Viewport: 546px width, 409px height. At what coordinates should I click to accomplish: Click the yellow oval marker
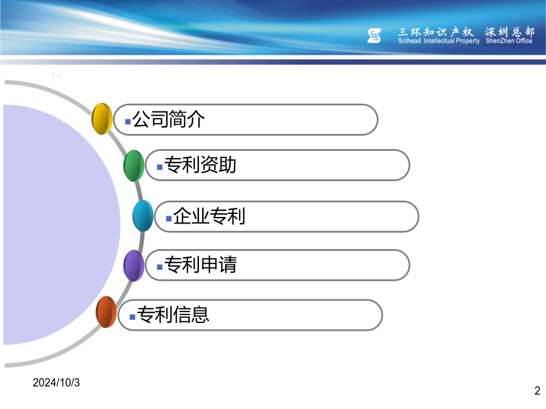coord(102,119)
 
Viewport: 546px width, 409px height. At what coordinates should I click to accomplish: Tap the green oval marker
coord(133,165)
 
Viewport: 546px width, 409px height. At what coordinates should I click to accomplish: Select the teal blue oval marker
coord(143,216)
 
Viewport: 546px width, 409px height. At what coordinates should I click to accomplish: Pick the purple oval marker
coord(133,266)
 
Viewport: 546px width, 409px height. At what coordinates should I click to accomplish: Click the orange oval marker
coord(106,312)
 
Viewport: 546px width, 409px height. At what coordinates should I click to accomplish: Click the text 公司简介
coord(169,119)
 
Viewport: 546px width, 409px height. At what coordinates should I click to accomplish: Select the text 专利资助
coord(200,164)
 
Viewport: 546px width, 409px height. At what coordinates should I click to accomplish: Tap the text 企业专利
coord(209,216)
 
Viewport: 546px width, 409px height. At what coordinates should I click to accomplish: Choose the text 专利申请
coord(200,264)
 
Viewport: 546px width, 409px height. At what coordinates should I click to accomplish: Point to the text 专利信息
coord(173,314)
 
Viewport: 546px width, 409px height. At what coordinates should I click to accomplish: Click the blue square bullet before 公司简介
coord(128,122)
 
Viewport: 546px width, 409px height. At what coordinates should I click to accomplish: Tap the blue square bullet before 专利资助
coord(160,167)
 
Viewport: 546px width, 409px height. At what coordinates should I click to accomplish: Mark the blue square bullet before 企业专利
coord(169,219)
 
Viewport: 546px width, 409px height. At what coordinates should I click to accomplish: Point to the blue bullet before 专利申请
coord(160,267)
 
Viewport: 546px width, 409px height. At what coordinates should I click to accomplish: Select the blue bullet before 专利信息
coord(132,317)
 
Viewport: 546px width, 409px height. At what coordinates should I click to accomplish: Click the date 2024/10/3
coord(56,382)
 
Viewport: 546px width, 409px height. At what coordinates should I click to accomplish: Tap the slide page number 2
coord(538,391)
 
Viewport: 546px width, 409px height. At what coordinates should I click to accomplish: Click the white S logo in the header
coord(374,36)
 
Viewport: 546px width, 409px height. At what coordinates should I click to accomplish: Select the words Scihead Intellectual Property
coord(439,41)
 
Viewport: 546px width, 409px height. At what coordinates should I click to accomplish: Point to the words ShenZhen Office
coord(509,41)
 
